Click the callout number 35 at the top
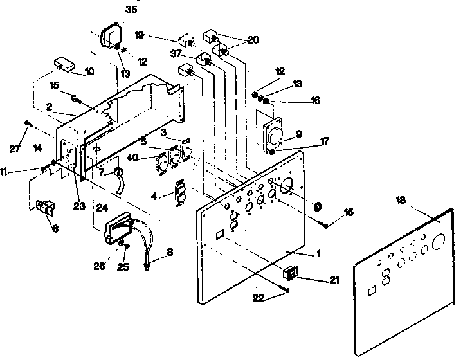click(131, 10)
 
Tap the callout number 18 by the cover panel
click(402, 201)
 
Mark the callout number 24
click(102, 207)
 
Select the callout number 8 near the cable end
click(170, 253)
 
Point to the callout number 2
click(50, 107)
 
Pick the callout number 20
click(253, 40)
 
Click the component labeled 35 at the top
click(112, 36)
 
